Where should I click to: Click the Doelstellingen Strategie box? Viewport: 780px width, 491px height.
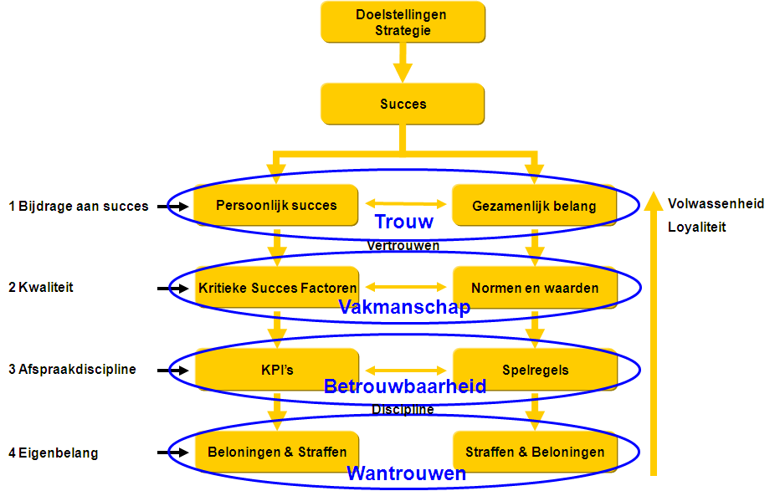(403, 23)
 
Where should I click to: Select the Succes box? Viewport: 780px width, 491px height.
(403, 105)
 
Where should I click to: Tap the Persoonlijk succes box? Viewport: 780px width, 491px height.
(276, 205)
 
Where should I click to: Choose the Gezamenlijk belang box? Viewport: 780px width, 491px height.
(534, 206)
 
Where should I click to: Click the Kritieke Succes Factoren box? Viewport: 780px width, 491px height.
(277, 288)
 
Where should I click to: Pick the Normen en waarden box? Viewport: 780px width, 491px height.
(534, 288)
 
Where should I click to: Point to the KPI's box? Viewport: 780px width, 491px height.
(277, 369)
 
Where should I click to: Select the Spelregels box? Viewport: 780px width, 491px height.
(534, 369)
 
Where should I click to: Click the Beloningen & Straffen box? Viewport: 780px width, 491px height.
(277, 452)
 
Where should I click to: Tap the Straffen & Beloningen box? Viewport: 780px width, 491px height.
(534, 452)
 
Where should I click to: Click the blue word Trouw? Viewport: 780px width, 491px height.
(404, 222)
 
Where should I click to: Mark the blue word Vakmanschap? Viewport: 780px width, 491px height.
(404, 307)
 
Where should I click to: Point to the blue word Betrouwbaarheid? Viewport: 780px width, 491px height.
(404, 386)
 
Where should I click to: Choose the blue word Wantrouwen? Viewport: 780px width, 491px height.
(406, 473)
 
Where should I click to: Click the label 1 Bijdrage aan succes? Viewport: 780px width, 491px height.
(79, 206)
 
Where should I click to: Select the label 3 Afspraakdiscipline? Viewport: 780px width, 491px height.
(73, 369)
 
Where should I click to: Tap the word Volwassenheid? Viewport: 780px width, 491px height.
(716, 203)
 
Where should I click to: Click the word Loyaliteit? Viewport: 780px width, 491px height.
(697, 227)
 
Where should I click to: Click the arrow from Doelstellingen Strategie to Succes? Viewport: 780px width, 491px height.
(403, 62)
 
